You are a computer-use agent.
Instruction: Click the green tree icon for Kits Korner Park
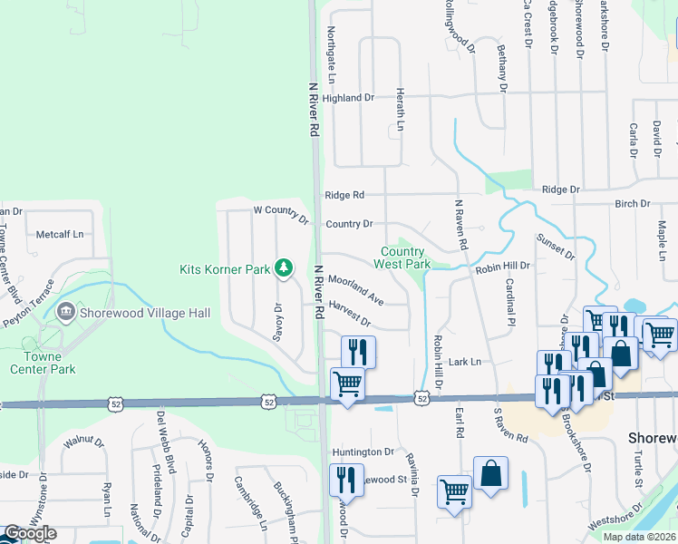(x=285, y=267)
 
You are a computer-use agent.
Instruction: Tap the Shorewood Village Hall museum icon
(x=65, y=312)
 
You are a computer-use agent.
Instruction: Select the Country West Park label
(x=403, y=257)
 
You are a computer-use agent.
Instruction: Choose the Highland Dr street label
(x=348, y=98)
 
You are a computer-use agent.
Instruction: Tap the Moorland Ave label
(x=356, y=290)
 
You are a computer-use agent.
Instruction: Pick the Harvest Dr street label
(x=350, y=316)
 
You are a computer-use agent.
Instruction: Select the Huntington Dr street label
(x=363, y=452)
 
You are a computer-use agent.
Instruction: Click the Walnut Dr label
(x=85, y=441)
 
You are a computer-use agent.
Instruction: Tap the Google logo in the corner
(x=30, y=533)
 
